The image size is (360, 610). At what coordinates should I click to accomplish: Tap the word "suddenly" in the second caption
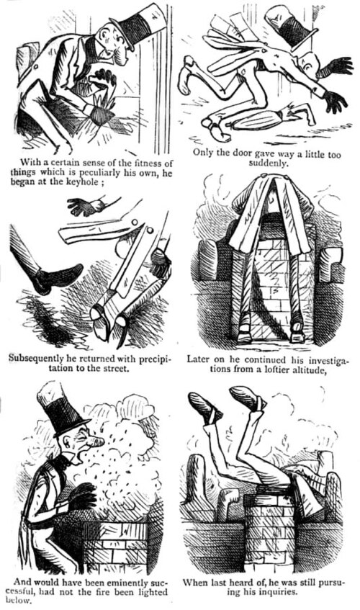coord(269,163)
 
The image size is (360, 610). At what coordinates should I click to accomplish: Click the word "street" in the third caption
coord(115,367)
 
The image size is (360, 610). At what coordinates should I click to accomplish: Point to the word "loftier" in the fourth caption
coord(270,369)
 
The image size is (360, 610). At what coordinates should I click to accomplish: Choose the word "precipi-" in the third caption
coord(153,358)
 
